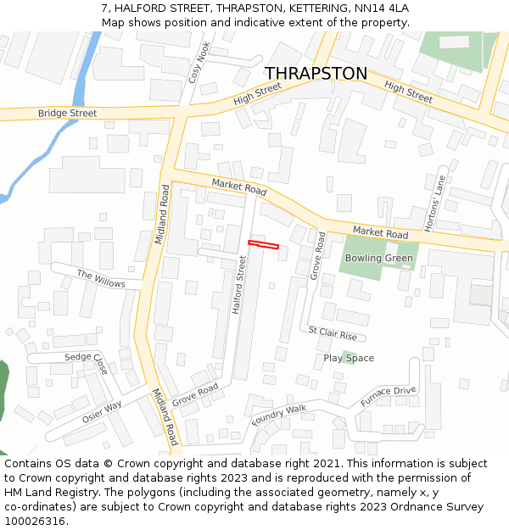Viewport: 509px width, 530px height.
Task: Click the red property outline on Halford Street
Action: pyautogui.click(x=263, y=245)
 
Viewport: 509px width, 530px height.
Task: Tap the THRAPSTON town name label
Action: pyautogui.click(x=316, y=74)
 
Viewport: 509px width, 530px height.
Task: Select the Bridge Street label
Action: pyautogui.click(x=67, y=113)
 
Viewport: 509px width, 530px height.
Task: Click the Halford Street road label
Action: pyautogui.click(x=240, y=285)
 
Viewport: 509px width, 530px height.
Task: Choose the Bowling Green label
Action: pyautogui.click(x=379, y=258)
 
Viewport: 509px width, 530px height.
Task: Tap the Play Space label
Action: pyautogui.click(x=349, y=358)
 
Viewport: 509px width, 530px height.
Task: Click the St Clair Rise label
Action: pyautogui.click(x=333, y=332)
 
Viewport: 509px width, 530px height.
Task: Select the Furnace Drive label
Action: pyautogui.click(x=388, y=395)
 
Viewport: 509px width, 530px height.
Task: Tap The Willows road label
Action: pyautogui.click(x=101, y=278)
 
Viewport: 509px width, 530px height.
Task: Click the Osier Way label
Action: pyautogui.click(x=102, y=412)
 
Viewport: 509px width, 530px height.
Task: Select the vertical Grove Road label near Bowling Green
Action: pyautogui.click(x=317, y=256)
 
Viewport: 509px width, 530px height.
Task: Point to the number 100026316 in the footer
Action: pyautogui.click(x=36, y=521)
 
